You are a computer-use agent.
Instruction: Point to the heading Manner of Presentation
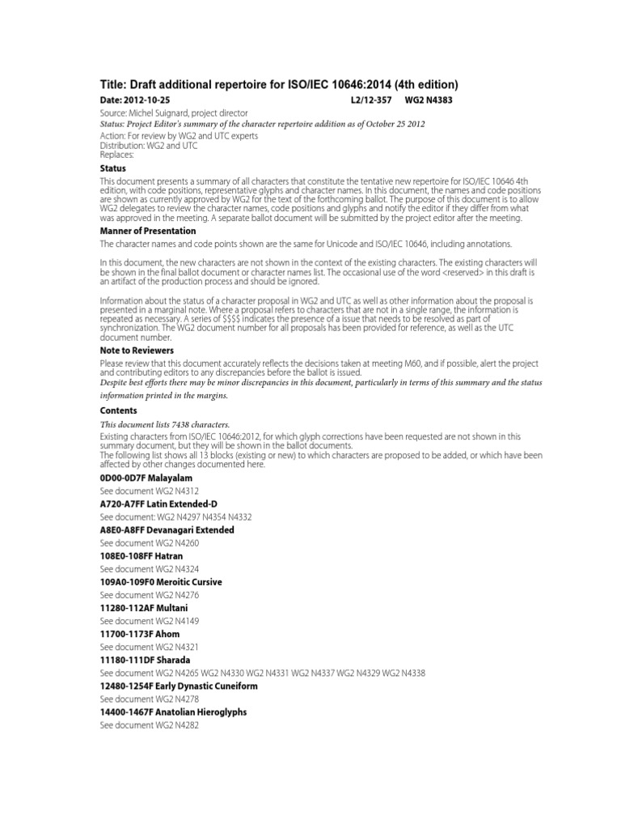click(147, 231)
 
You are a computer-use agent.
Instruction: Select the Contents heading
click(118, 410)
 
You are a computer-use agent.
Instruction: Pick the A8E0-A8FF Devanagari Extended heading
click(167, 529)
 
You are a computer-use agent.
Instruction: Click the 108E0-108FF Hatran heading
click(142, 556)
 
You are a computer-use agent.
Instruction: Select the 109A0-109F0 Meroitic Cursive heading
click(161, 582)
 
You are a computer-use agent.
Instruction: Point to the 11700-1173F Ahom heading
click(140, 634)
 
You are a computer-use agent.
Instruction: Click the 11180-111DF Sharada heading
click(146, 660)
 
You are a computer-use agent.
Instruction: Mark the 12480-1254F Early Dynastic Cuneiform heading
click(178, 686)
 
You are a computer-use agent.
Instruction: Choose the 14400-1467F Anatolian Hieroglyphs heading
click(173, 712)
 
